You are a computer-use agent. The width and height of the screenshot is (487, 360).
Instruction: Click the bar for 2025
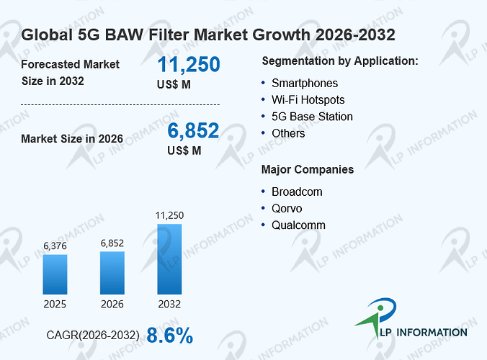[55, 274]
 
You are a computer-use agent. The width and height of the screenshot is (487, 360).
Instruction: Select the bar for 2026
[112, 273]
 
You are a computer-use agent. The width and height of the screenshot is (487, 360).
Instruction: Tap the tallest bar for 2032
[169, 259]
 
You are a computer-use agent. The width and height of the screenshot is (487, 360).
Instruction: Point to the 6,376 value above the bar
[55, 246]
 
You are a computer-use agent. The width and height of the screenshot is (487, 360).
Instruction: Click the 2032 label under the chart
[169, 304]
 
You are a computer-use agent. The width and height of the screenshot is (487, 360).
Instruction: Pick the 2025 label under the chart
[55, 304]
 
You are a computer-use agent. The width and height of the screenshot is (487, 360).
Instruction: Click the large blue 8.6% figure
[169, 336]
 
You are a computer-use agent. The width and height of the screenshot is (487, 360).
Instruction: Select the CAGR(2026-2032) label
[93, 336]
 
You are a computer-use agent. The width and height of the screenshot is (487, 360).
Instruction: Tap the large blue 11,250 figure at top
[189, 64]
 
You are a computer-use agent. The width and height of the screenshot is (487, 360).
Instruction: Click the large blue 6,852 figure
[193, 130]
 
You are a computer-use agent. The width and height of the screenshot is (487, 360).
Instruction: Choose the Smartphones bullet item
[305, 84]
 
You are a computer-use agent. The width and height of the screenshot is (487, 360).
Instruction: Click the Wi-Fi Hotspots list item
[308, 100]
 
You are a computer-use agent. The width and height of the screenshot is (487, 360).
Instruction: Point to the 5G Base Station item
[312, 117]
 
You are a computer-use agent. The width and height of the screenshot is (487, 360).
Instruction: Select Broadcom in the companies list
[297, 192]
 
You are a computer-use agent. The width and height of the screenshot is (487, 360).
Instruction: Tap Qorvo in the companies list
[287, 209]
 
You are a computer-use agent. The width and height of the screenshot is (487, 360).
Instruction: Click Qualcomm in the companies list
[298, 225]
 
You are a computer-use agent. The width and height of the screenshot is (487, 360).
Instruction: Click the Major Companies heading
[308, 170]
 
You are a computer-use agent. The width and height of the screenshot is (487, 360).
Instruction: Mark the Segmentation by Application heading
[340, 61]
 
